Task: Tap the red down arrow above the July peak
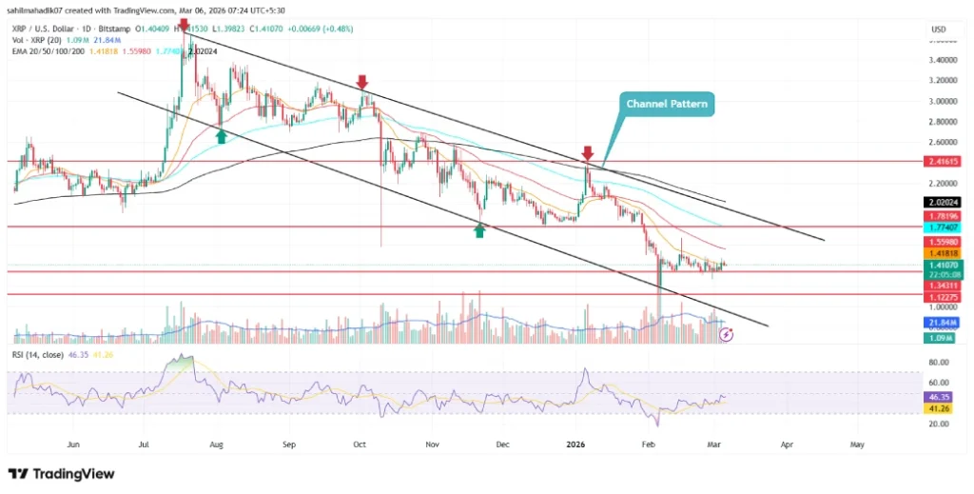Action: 184,24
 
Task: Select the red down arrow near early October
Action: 361,82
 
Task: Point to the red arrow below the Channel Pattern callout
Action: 588,152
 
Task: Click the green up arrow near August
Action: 221,136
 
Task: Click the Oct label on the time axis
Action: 360,444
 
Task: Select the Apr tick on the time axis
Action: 787,444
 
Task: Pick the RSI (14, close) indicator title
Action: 38,354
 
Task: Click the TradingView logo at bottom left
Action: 62,473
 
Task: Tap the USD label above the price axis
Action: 937,30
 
